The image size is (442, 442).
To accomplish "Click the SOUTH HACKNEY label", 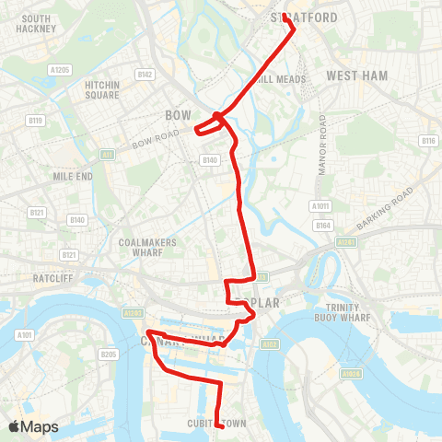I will coord(36,23).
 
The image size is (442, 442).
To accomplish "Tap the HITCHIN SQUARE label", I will coord(102,89).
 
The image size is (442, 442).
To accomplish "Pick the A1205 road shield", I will coord(60,69).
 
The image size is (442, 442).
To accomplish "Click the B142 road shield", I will coord(145,75).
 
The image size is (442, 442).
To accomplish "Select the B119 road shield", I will coord(36,120).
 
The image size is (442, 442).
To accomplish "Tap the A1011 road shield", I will coord(321,206).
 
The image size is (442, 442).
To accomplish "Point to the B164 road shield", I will coord(322,224).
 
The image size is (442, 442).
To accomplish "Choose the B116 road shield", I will coord(427,141).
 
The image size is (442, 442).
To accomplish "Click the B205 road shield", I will coord(110,354).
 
